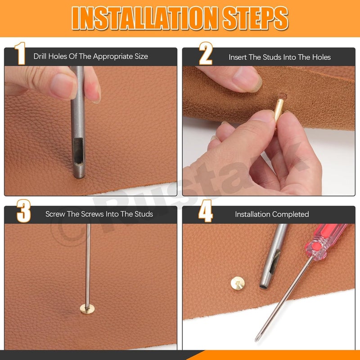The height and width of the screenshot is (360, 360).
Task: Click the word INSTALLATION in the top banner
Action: pyautogui.click(x=144, y=18)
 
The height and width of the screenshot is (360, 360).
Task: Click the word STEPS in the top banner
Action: pyautogui.click(x=255, y=18)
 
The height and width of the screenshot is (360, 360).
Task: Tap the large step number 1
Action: pyautogui.click(x=20, y=54)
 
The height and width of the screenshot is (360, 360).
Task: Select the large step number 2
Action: pyautogui.click(x=206, y=54)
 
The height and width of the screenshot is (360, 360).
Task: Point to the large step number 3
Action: pyautogui.click(x=24, y=211)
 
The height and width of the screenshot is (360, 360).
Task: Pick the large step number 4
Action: pyautogui.click(x=206, y=211)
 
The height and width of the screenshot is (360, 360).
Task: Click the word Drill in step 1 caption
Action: pyautogui.click(x=40, y=56)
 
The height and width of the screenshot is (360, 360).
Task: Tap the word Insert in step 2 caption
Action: pyautogui.click(x=238, y=57)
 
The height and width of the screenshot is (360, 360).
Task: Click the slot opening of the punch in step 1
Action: pyautogui.click(x=78, y=151)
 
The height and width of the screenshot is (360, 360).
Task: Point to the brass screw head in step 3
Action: pyautogui.click(x=87, y=309)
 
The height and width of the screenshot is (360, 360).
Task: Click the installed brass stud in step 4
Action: pyautogui.click(x=238, y=283)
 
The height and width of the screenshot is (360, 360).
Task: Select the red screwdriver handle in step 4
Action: pyautogui.click(x=326, y=241)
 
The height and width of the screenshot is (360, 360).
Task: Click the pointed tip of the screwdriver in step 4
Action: pyautogui.click(x=256, y=341)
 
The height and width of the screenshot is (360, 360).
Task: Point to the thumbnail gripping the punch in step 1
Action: pyautogui.click(x=63, y=86)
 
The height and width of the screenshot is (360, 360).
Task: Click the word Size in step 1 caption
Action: pyautogui.click(x=141, y=56)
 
